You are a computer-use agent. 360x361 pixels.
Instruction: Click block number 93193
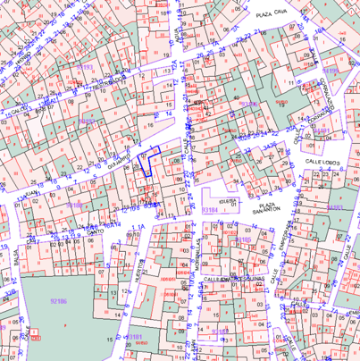[86, 67]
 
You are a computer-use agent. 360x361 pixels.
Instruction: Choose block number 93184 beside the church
[210, 208]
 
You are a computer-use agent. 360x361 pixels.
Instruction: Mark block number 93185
[75, 205]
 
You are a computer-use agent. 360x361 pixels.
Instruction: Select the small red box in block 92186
[36, 338]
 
